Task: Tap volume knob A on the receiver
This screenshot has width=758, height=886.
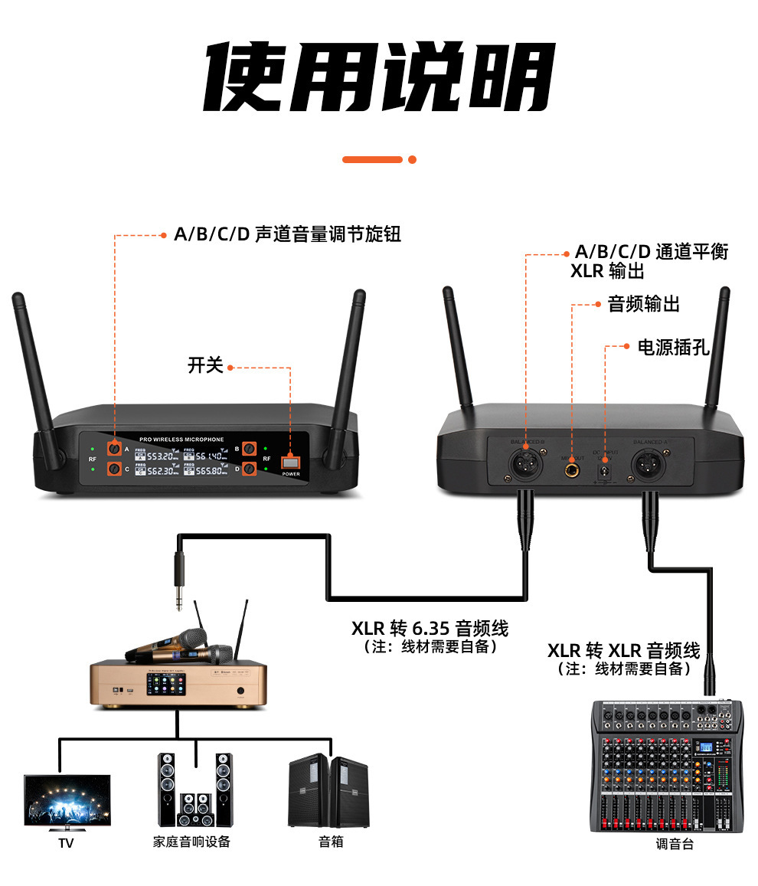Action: click(114, 449)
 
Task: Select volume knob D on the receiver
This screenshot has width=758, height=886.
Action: click(249, 470)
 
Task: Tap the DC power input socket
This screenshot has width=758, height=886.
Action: click(605, 468)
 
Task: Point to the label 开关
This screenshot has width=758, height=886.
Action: click(205, 365)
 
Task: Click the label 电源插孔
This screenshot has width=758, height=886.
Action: click(674, 348)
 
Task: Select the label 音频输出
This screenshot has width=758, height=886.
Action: click(643, 304)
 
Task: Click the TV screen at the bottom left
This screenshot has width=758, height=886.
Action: click(67, 801)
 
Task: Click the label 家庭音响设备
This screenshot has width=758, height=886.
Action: click(191, 842)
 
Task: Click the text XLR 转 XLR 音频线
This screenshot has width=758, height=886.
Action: click(623, 651)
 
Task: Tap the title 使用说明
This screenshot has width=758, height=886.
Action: click(379, 79)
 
